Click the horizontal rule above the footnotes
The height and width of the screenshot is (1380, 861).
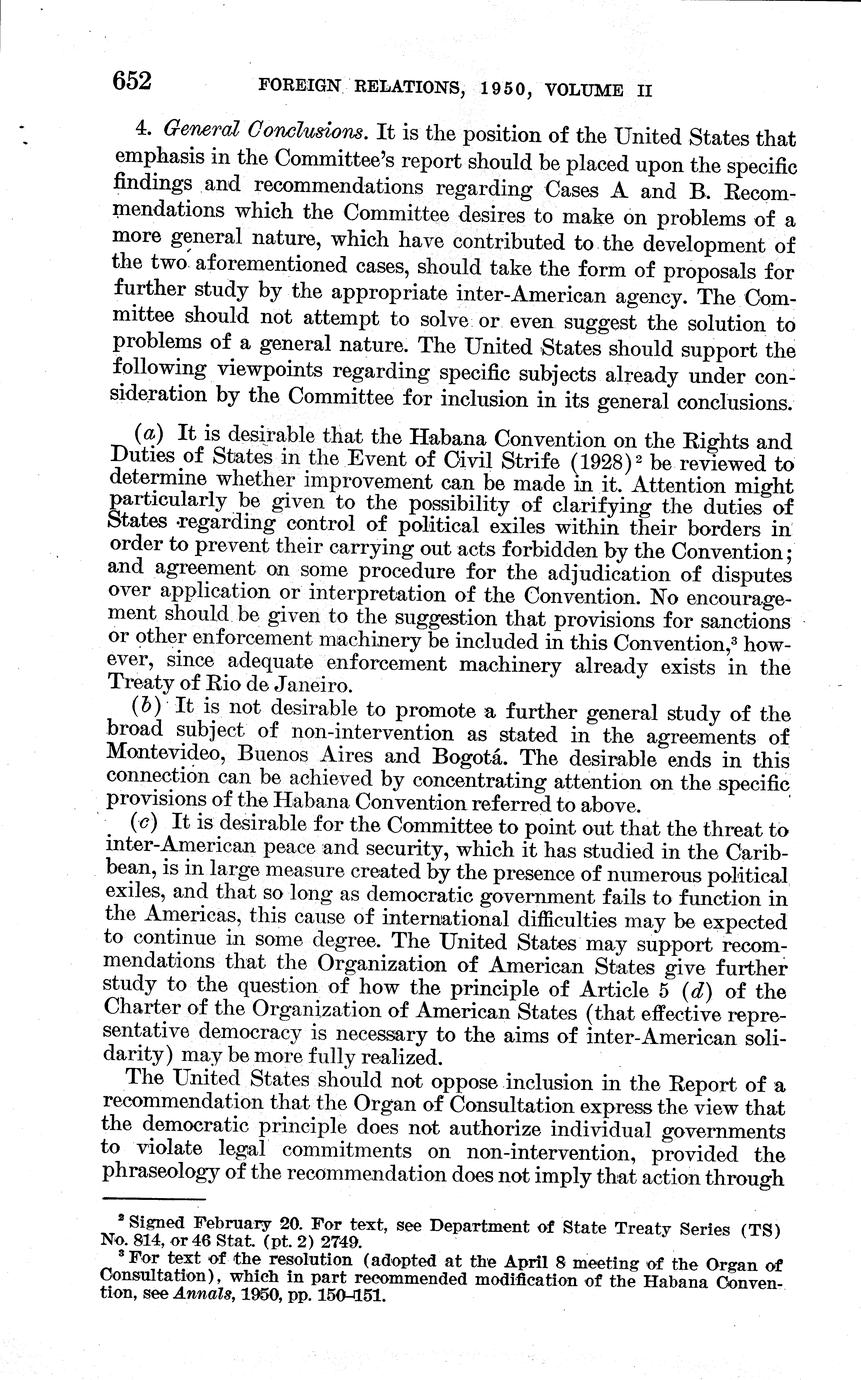click(x=154, y=1199)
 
